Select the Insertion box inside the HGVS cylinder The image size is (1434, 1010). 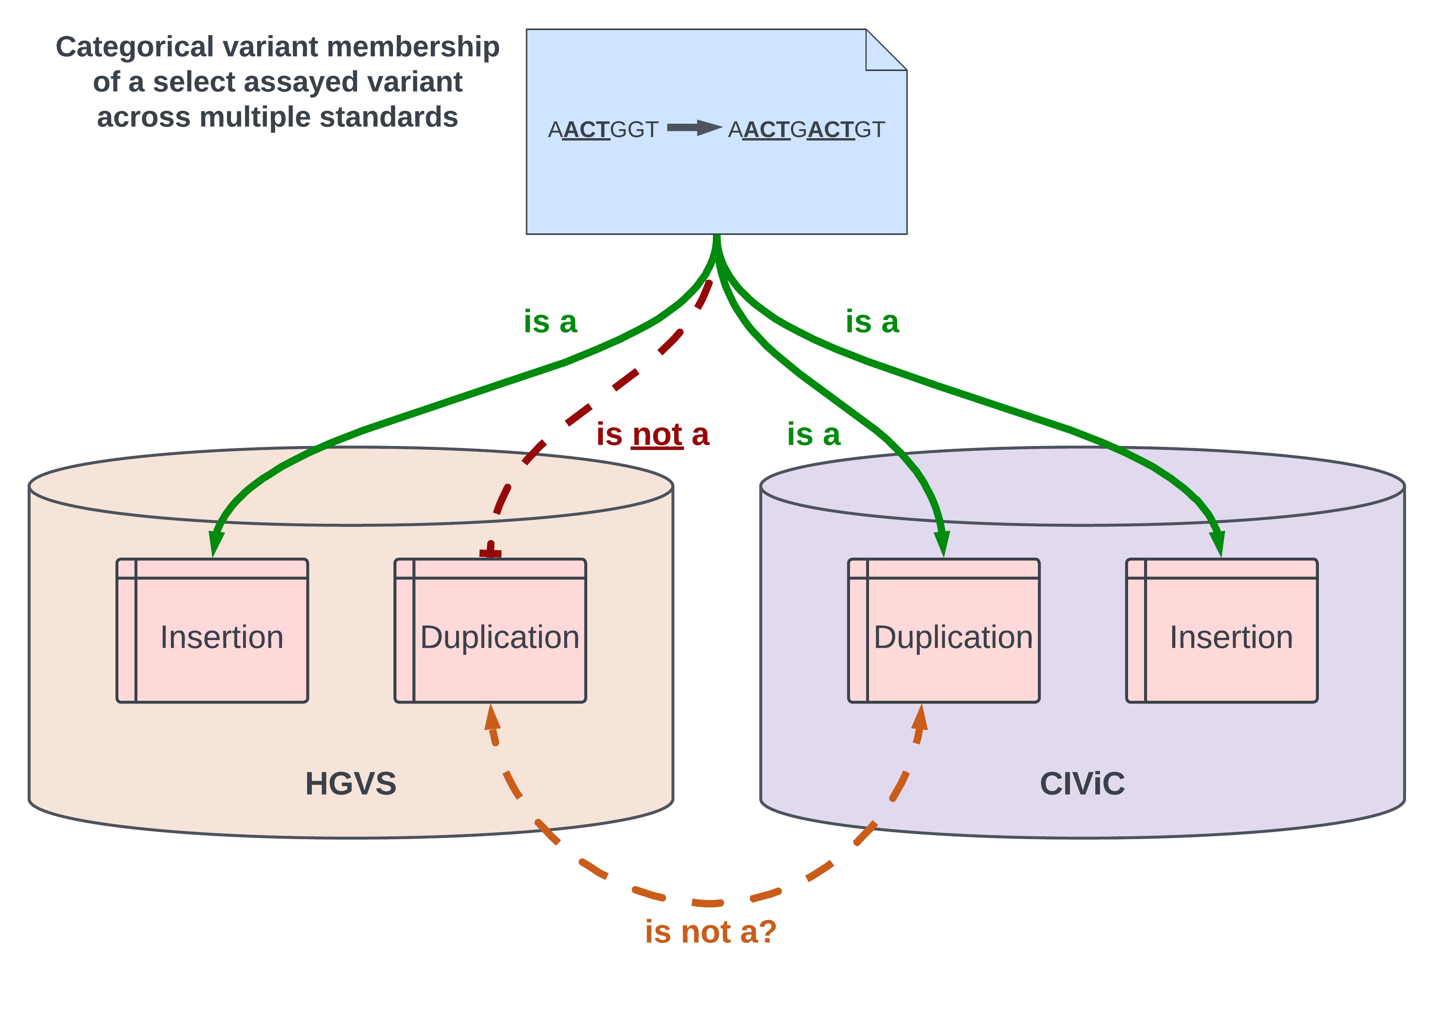[212, 631]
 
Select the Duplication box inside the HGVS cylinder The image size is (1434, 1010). [490, 631]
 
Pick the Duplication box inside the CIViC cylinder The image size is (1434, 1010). [944, 631]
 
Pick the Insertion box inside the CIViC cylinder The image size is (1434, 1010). [1222, 631]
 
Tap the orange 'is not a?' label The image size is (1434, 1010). [711, 932]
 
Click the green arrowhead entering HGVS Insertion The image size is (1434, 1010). [215, 543]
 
